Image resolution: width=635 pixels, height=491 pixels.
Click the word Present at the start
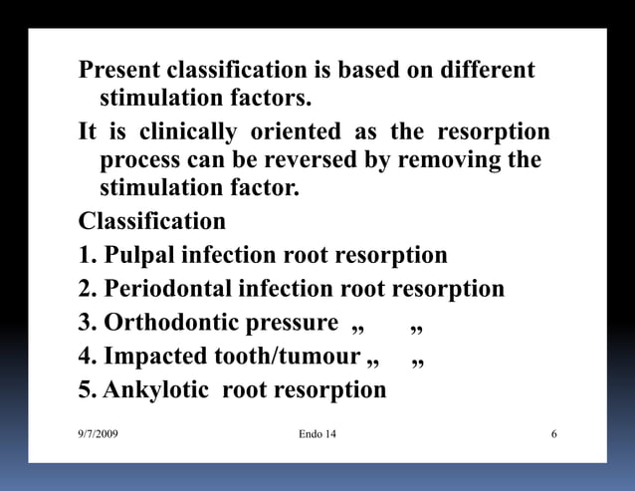119,72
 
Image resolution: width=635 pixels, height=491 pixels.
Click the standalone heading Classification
152,219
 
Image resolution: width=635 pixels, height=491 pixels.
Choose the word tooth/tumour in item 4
288,356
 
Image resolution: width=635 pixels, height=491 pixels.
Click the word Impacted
156,356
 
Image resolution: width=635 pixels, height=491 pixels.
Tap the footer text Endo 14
317,435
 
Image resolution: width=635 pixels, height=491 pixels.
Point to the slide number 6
553,435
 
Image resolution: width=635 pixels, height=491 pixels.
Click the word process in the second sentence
139,160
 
